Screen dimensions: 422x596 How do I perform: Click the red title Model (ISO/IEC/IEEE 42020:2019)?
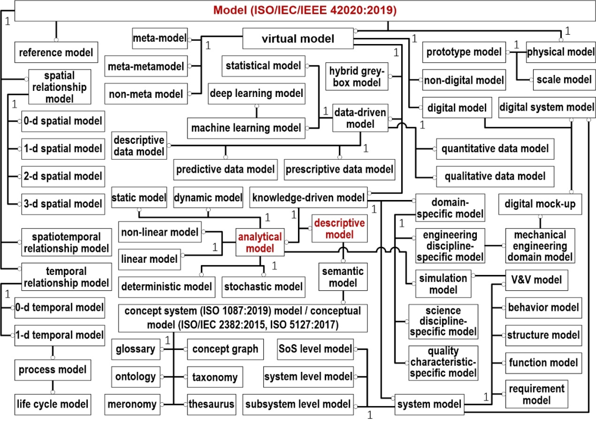click(305, 10)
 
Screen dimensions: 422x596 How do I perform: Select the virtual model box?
click(298, 39)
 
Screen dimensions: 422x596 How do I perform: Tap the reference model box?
click(55, 53)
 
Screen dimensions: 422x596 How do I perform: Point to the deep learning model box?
click(256, 94)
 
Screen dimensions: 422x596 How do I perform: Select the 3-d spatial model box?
click(62, 204)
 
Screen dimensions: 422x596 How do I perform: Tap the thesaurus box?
click(211, 404)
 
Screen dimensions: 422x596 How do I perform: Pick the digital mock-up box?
click(540, 204)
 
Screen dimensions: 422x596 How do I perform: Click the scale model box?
click(556, 80)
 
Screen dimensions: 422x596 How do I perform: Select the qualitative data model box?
click(495, 176)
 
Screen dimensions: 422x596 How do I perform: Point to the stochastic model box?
click(263, 286)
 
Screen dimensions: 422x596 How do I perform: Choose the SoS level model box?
click(316, 349)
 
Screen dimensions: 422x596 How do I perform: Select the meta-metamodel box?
click(146, 67)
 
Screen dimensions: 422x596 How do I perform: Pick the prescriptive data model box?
click(339, 169)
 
